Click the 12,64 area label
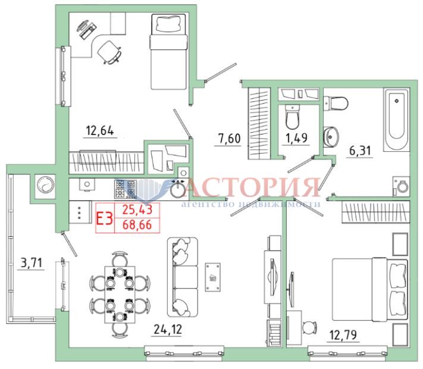pos(100,131)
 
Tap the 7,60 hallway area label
pos(229,139)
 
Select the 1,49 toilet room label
pos(296,138)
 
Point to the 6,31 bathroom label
pos(360,151)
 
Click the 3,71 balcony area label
pos(32,262)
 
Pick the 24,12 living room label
pos(168,329)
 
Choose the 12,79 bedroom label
pos(343,335)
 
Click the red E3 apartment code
pos(104,218)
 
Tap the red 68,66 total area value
pos(137,224)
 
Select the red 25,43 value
pos(137,209)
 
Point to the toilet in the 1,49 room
pos(292,117)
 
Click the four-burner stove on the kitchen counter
pos(125,189)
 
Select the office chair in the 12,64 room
pos(109,52)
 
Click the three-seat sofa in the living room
pos(183,277)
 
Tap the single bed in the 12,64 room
pos(168,52)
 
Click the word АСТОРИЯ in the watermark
pos(253,187)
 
